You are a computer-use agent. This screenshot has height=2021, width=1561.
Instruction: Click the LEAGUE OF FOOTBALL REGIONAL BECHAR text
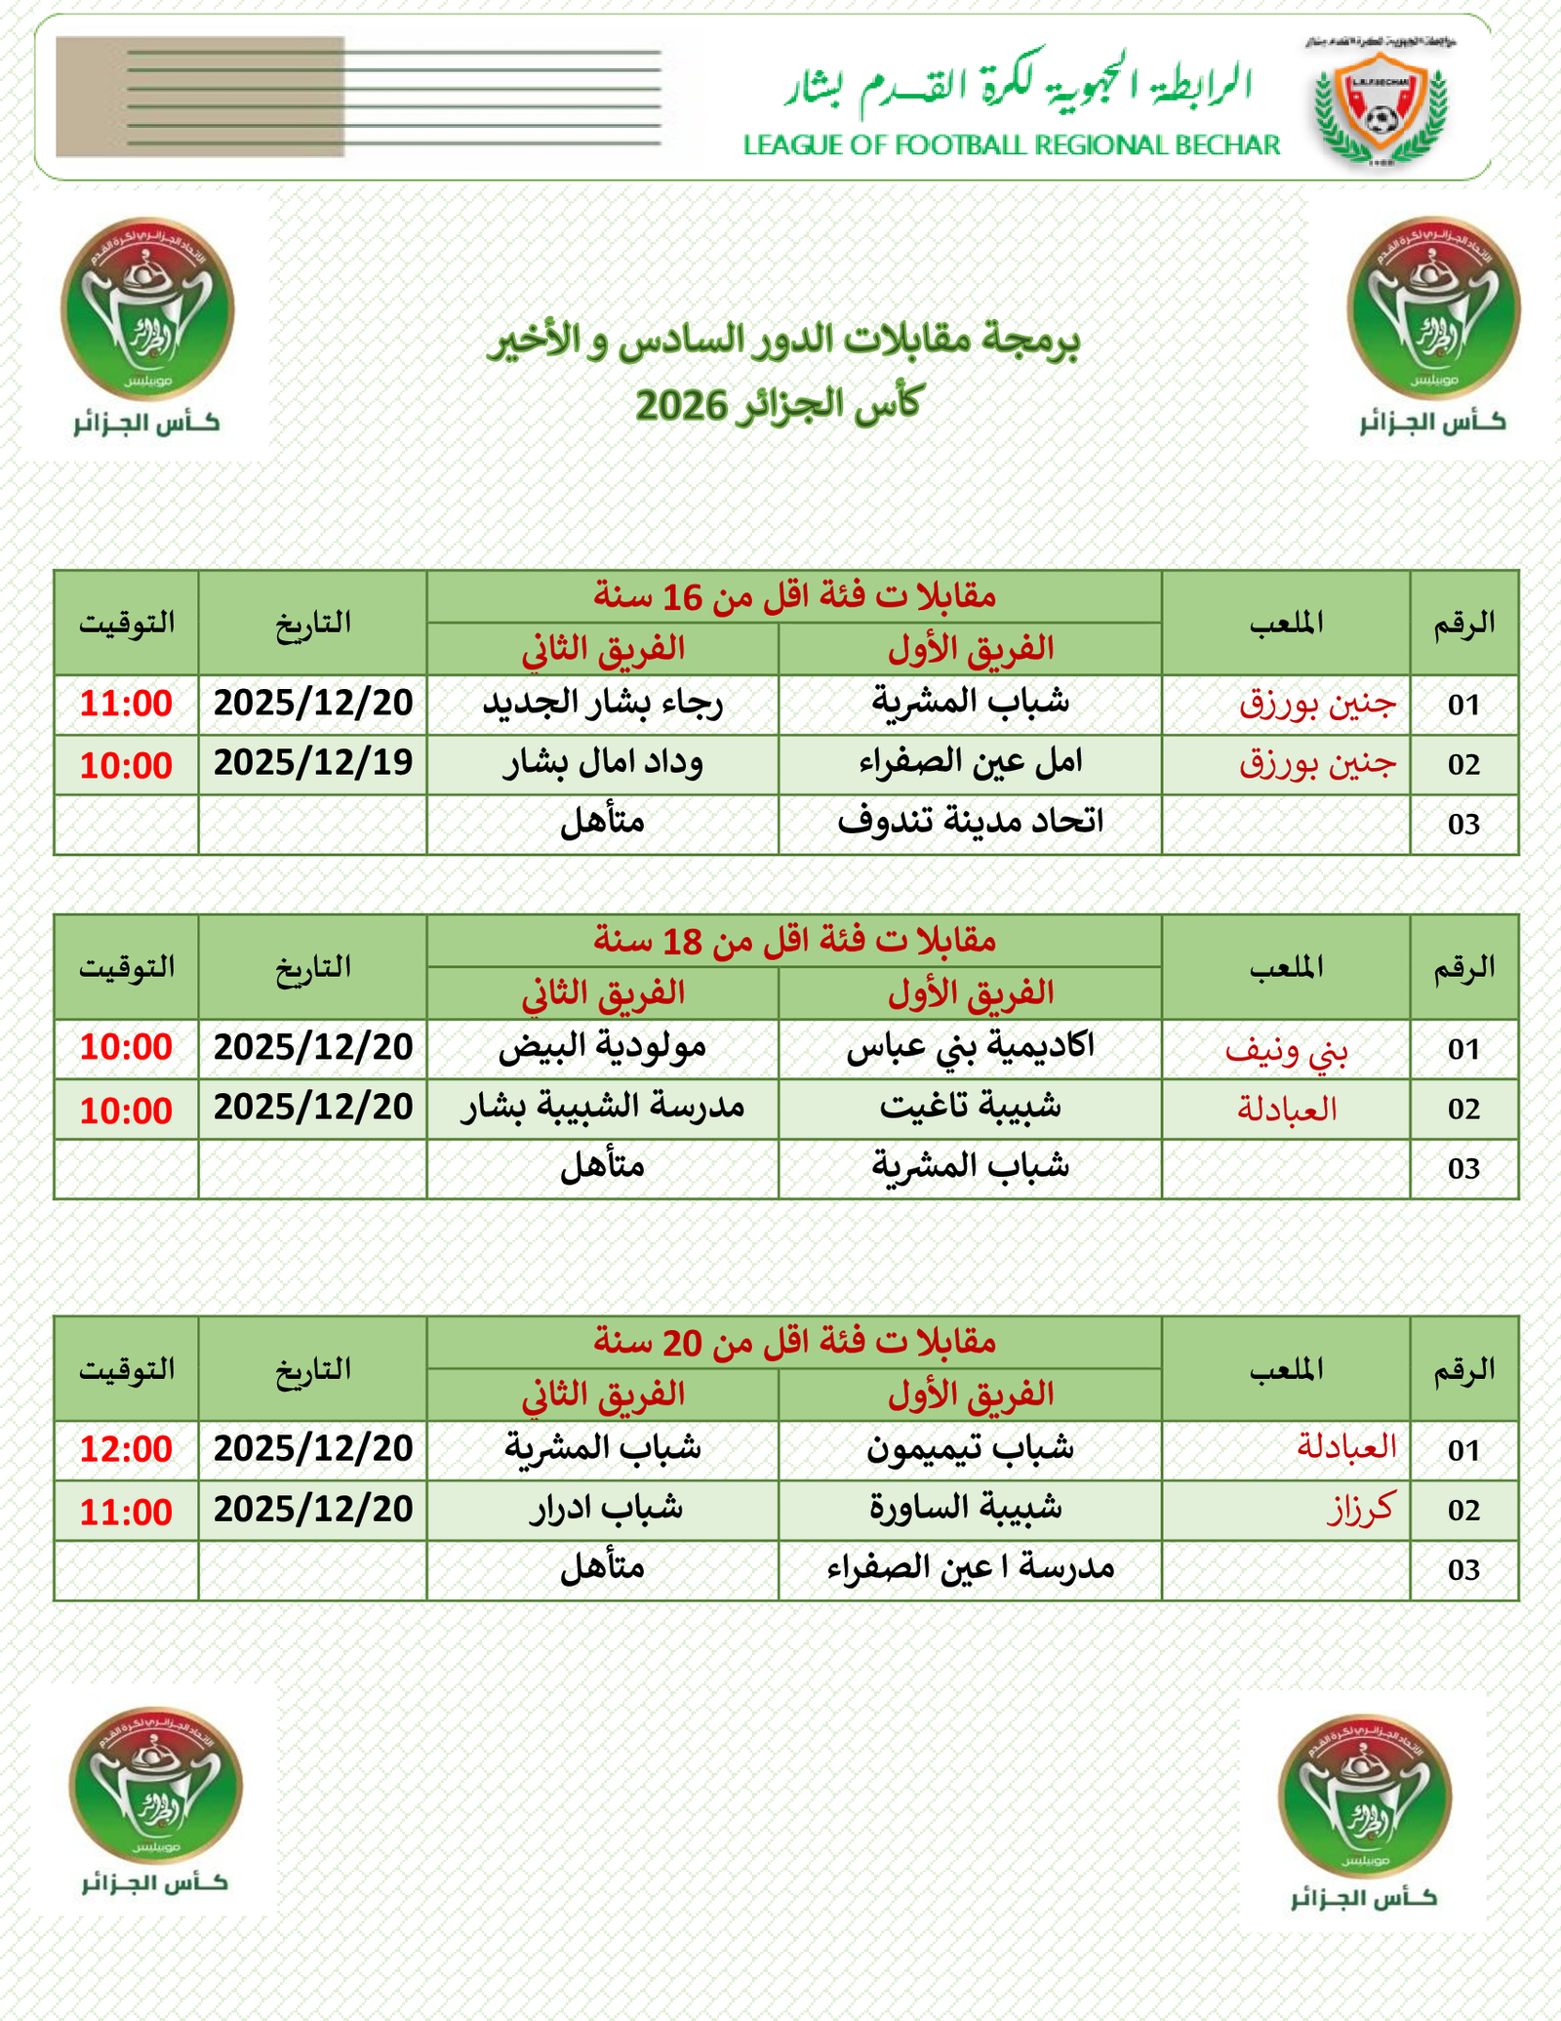pos(1011,145)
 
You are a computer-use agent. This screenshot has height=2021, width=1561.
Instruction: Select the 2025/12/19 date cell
pos(313,763)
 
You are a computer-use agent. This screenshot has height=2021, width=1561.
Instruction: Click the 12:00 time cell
pos(126,1449)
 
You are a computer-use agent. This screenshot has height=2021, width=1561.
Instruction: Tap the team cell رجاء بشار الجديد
pos(603,704)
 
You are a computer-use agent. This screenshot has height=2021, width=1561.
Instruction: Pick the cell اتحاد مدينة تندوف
pos(970,823)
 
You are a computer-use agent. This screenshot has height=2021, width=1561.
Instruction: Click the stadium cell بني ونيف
pos(1286,1049)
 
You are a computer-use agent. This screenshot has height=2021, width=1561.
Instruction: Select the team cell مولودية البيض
pos(603,1047)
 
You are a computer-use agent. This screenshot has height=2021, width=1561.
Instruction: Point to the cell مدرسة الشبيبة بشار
pos(603,1108)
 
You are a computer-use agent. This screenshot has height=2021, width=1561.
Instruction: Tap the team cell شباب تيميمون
pos(970,1449)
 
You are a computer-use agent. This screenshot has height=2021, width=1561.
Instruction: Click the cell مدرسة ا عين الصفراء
pos(970,1568)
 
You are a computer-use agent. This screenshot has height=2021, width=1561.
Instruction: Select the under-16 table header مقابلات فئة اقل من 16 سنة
pos(794,595)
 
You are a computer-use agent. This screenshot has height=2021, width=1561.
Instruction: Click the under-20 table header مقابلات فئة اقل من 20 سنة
pos(794,1342)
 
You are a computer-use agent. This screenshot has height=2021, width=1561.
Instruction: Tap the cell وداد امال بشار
pos(603,763)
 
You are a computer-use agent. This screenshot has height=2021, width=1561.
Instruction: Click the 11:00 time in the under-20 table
pos(126,1512)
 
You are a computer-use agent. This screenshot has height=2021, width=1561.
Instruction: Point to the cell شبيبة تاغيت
pos(970,1108)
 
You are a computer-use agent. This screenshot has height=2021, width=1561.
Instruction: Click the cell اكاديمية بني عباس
pos(970,1047)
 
